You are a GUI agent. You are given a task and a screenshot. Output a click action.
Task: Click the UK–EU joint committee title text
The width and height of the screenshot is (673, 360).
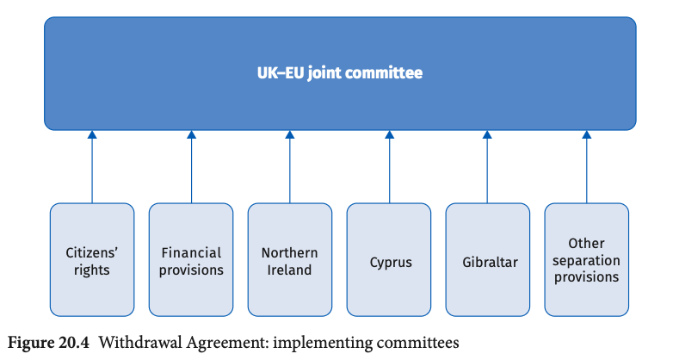pyautogui.click(x=339, y=72)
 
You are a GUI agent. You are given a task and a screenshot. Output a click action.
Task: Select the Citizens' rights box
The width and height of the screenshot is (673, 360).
pyautogui.click(x=92, y=260)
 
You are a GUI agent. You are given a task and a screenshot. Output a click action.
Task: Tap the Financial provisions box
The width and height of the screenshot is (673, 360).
pyautogui.click(x=191, y=260)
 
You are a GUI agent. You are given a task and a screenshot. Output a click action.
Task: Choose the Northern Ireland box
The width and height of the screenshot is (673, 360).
pyautogui.click(x=290, y=260)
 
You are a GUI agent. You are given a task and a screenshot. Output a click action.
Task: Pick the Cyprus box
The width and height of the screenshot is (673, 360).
pyautogui.click(x=389, y=260)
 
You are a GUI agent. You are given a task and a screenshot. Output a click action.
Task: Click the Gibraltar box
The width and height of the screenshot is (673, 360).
pyautogui.click(x=488, y=260)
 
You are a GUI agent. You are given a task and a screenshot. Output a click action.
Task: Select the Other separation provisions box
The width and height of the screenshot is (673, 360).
pyautogui.click(x=587, y=260)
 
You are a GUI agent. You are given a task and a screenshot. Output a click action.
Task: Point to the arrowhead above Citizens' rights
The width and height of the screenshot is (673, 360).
pyautogui.click(x=92, y=134)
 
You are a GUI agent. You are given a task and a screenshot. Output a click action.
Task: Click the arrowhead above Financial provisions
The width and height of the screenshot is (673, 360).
pyautogui.click(x=191, y=134)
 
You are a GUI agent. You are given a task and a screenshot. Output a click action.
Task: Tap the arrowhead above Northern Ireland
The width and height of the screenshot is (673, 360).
pyautogui.click(x=290, y=134)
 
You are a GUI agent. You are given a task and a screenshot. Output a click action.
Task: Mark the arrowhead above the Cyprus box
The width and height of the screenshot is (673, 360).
pyautogui.click(x=390, y=134)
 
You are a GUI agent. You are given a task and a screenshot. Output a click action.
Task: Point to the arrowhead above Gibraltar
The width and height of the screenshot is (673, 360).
pyautogui.click(x=487, y=134)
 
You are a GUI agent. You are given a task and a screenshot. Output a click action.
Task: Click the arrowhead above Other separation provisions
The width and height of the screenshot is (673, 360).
pyautogui.click(x=587, y=134)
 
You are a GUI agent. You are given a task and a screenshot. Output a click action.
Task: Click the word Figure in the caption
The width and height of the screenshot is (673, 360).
pyautogui.click(x=30, y=344)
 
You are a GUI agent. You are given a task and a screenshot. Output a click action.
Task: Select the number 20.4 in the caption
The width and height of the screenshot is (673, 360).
pyautogui.click(x=73, y=343)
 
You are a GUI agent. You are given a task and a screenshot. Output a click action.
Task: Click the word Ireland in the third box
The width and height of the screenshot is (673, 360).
pyautogui.click(x=289, y=270)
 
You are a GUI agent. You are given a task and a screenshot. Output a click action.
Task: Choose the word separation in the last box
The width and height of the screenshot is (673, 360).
pyautogui.click(x=586, y=261)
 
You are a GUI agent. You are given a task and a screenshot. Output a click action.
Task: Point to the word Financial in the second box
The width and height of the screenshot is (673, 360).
pyautogui.click(x=191, y=252)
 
